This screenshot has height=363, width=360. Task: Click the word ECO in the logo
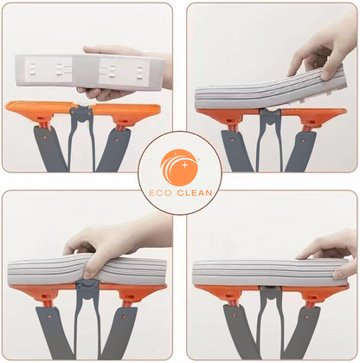coord(161,184)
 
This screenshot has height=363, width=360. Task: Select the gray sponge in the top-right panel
coord(260,95)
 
